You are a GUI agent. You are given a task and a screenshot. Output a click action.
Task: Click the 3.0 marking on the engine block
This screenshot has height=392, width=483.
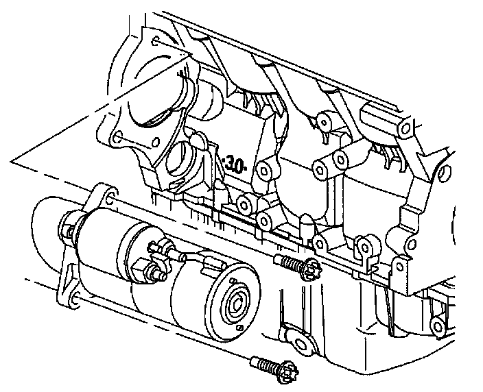(x=235, y=165)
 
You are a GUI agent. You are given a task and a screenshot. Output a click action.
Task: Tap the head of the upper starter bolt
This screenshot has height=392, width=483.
(x=311, y=269)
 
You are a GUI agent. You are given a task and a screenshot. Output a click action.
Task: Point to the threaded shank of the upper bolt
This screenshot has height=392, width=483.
(x=289, y=261)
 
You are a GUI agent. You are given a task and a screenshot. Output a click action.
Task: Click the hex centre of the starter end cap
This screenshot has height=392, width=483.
(x=237, y=305)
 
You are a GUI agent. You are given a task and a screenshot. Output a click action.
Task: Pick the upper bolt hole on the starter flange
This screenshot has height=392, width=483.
(x=110, y=198)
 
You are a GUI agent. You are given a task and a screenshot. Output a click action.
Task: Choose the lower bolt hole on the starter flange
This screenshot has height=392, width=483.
(x=75, y=298)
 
